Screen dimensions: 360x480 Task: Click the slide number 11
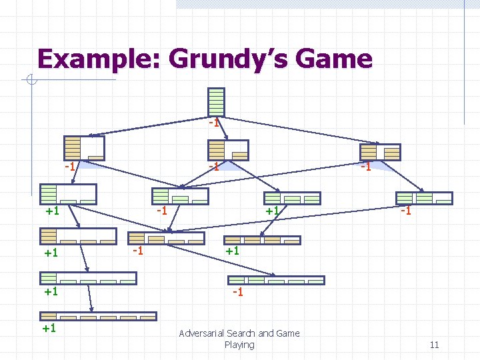pyautogui.click(x=434, y=345)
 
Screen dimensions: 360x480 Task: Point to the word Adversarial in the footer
pyautogui.click(x=201, y=333)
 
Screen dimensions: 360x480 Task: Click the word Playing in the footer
pyautogui.click(x=239, y=345)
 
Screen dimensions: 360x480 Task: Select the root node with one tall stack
pyautogui.click(x=216, y=102)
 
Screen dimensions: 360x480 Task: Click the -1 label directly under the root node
pyautogui.click(x=213, y=123)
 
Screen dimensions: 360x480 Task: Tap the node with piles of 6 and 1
pyautogui.click(x=83, y=148)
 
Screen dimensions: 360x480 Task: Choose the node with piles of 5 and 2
pyautogui.click(x=227, y=150)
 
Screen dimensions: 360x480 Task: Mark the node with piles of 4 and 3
pyautogui.click(x=380, y=152)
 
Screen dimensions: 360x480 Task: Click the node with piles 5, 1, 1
pyautogui.click(x=68, y=193)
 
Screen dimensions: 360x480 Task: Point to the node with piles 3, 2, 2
pyautogui.click(x=424, y=198)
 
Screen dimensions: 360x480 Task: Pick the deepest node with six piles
pyautogui.click(x=99, y=316)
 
